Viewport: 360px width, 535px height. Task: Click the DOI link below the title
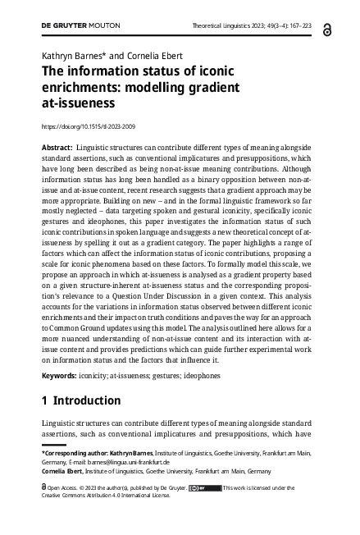point(89,126)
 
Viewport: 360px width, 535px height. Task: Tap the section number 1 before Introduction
point(45,401)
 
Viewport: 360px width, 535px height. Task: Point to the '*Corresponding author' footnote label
point(70,451)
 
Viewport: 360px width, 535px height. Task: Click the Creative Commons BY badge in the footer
point(204,487)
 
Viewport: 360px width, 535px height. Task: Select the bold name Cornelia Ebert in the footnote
point(65,471)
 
